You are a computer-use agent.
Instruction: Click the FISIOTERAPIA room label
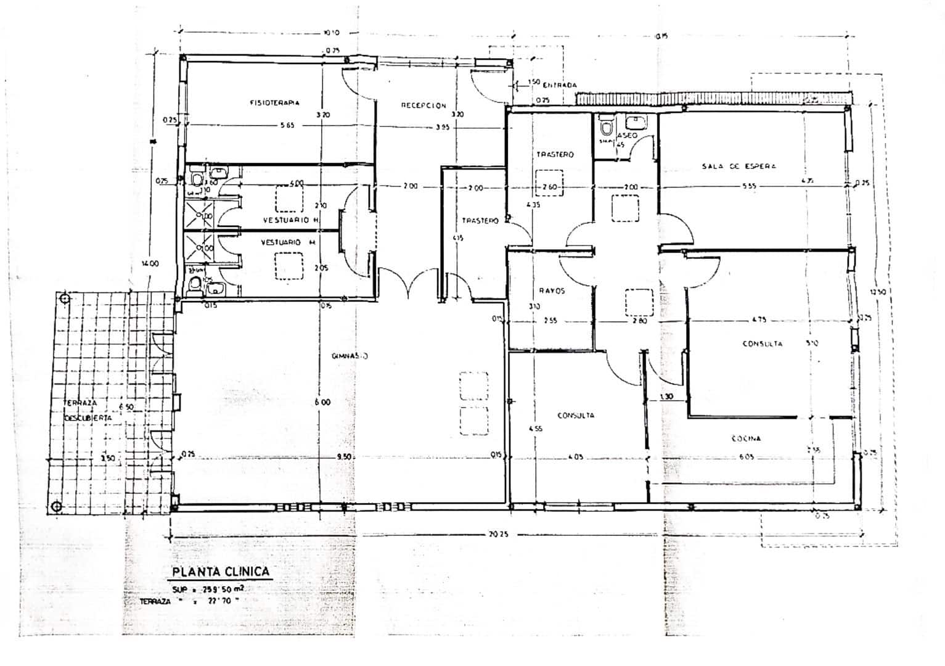[x=275, y=103]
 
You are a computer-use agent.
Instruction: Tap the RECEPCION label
[x=423, y=105]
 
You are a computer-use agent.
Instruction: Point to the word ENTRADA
[x=560, y=85]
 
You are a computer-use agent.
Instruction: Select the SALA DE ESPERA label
[x=738, y=166]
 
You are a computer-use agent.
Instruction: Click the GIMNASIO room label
[x=350, y=356]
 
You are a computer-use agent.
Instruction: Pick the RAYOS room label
[x=552, y=290]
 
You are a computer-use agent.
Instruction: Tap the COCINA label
[x=746, y=438]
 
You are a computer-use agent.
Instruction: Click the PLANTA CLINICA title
[x=221, y=571]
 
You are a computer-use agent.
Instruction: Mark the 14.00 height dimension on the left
[x=150, y=263]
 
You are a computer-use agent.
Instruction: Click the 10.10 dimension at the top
[x=331, y=33]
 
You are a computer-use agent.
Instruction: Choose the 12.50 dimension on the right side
[x=877, y=292]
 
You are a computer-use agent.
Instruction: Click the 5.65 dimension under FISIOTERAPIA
[x=287, y=125]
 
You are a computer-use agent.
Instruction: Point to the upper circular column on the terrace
[x=65, y=299]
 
